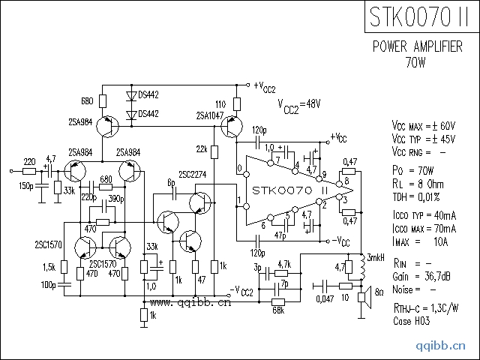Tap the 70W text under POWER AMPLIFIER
[418, 60]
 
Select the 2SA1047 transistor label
[209, 115]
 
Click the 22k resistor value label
[202, 148]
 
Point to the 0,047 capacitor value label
[325, 298]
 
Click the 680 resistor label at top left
[86, 100]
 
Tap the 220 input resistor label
[29, 162]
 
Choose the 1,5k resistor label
[50, 267]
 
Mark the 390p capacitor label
[116, 198]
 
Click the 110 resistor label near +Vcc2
[220, 103]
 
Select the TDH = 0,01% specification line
[418, 196]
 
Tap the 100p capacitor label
[50, 285]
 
